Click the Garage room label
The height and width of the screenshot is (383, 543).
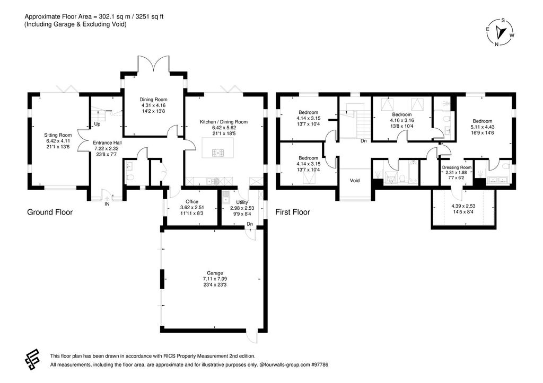coord(214,273)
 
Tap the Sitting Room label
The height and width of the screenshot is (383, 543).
coord(58,135)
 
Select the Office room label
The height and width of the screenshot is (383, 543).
coord(191,201)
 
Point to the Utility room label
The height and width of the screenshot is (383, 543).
coord(242,201)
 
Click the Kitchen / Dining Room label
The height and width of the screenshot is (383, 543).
coord(223,122)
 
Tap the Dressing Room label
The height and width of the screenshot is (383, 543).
coord(457,167)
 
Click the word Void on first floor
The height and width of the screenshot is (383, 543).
coord(355,181)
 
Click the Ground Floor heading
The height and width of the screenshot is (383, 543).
coord(50,212)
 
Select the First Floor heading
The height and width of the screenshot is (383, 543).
coord(293,212)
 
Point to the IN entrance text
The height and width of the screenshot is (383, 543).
coord(107,203)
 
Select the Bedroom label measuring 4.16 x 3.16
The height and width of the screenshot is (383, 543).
coord(402,114)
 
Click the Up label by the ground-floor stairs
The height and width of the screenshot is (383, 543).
coord(97,124)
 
